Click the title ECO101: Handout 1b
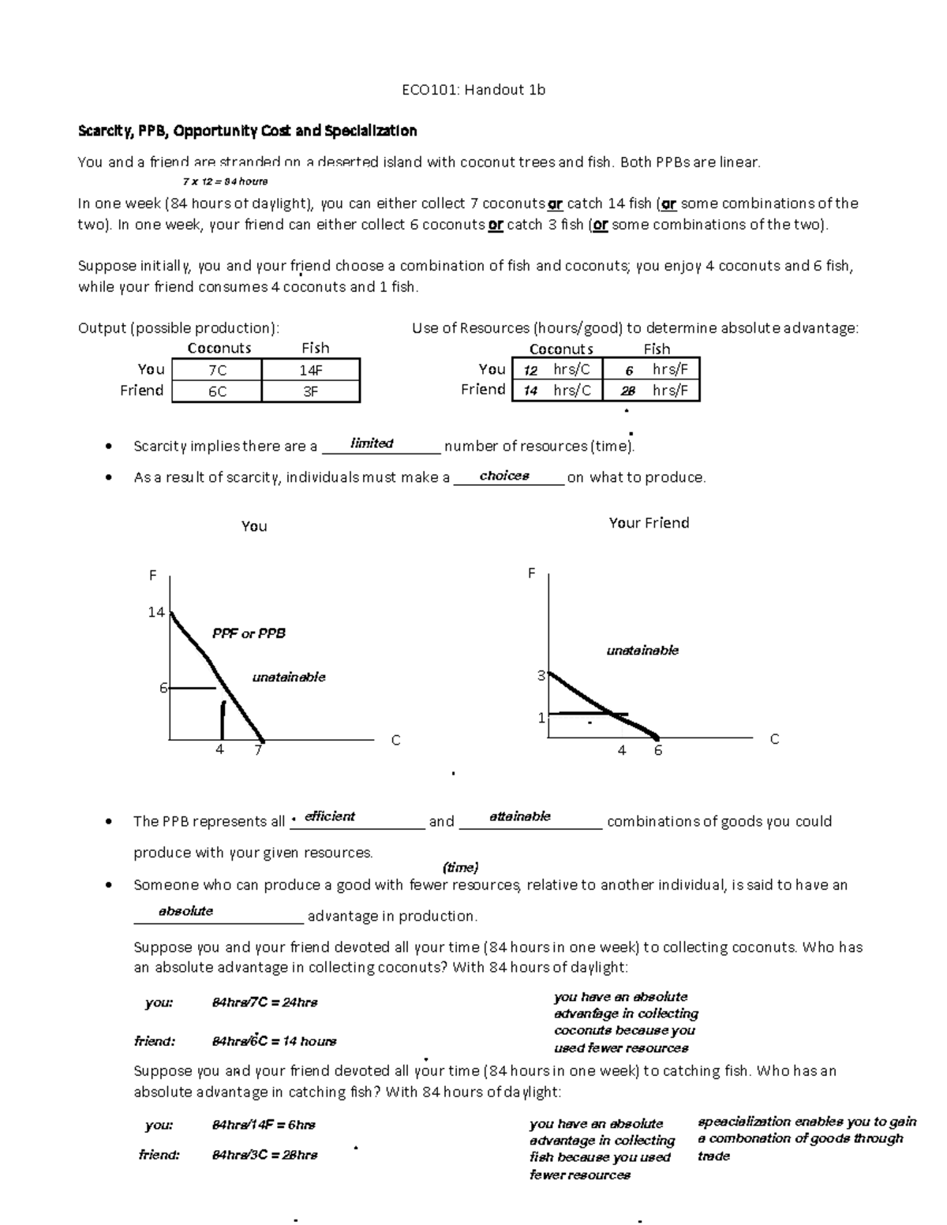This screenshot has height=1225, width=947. pos(473,90)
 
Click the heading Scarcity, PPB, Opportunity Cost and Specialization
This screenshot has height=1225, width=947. pos(247,131)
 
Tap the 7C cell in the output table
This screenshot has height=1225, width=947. pos(217,370)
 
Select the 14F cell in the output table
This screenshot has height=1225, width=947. pos(311,370)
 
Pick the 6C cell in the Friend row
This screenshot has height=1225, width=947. pos(217,391)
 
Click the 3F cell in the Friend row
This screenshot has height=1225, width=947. pos(311,391)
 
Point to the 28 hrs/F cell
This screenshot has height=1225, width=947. pos(652,390)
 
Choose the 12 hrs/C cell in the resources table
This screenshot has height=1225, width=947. pos(557,369)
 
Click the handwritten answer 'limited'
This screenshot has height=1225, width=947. pos(372,443)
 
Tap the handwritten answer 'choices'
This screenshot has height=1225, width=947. pos(504,476)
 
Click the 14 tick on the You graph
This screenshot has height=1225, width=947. pos(156,612)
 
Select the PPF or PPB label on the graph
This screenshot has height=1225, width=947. pos(249,633)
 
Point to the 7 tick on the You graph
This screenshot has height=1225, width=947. pos(257,750)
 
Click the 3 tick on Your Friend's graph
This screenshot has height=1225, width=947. pos(541,676)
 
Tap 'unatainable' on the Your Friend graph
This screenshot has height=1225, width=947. pos(642,651)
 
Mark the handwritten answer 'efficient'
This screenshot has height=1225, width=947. pos(330,816)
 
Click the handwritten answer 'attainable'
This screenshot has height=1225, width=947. pos(520,816)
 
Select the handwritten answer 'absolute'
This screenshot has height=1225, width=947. pos(186,911)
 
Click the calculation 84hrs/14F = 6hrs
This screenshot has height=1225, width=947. pos(264,1125)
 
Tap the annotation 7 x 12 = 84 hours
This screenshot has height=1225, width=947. pos(225,181)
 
